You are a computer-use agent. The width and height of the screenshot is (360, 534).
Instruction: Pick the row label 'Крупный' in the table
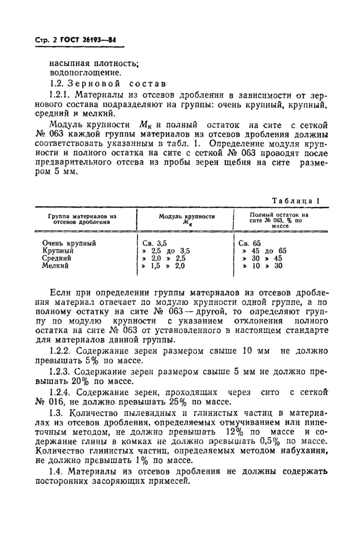[x=58, y=250]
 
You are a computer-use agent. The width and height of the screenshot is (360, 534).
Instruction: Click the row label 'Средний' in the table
[x=59, y=258]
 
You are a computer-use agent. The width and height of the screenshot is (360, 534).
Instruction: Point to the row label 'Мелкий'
[x=56, y=266]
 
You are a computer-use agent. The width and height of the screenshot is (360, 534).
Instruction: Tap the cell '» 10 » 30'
[x=262, y=266]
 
